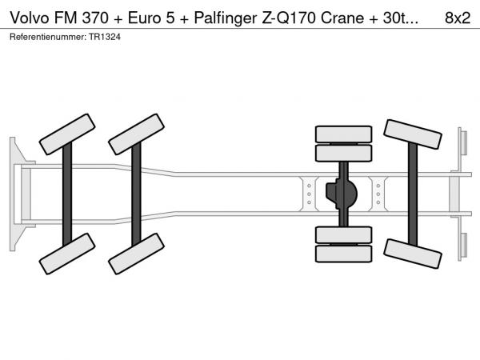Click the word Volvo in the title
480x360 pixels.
(30, 18)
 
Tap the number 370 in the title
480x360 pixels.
(95, 18)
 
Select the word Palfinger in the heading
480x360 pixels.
(226, 18)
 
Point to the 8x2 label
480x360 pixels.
(458, 18)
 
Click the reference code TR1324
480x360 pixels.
(105, 37)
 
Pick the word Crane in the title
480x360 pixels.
(342, 18)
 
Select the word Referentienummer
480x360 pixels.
(48, 37)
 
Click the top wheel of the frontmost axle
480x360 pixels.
(67, 134)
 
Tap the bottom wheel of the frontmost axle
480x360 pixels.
(67, 254)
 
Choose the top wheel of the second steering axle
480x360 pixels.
(136, 134)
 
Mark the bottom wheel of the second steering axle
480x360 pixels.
(136, 254)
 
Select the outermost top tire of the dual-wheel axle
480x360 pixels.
(343, 134)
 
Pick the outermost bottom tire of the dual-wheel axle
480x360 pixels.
(343, 254)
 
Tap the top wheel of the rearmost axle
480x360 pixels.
(413, 134)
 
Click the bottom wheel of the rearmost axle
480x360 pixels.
(413, 254)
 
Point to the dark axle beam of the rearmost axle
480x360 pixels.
(413, 194)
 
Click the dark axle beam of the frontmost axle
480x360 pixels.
(67, 194)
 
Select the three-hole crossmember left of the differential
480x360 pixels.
(309, 194)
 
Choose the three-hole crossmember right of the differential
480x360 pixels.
(378, 194)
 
